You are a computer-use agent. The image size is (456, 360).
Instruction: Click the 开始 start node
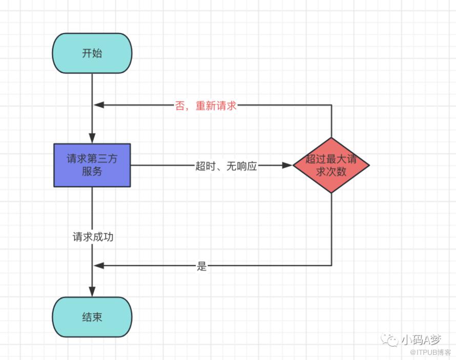point(92,53)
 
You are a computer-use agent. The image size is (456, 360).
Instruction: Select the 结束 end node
point(92,317)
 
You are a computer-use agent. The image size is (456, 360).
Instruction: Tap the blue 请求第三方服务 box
point(92,165)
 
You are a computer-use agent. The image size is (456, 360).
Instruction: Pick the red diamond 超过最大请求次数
point(331,165)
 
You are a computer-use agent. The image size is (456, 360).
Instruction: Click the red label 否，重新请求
point(205,105)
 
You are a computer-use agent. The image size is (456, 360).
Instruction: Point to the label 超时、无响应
point(226,166)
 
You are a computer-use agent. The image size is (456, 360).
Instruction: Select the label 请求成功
point(93,237)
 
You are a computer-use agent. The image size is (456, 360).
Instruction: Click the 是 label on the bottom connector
point(201,266)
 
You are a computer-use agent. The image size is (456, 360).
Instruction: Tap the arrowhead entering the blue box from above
point(92,138)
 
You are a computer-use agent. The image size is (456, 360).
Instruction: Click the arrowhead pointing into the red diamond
point(287,165)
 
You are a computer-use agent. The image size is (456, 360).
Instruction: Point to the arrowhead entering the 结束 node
point(92,292)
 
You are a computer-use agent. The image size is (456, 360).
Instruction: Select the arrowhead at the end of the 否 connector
point(99,105)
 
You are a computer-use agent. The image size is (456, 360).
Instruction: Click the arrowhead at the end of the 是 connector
point(99,266)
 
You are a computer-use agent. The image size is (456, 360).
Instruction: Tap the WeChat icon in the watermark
point(390,339)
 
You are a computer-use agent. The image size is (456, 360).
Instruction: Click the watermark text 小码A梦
point(421,339)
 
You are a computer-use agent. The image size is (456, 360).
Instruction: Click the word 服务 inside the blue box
point(92,171)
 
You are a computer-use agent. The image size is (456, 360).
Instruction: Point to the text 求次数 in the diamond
point(331,172)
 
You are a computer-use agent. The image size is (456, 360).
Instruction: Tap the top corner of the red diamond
point(331,137)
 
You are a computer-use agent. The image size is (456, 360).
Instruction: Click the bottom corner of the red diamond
point(331,193)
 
